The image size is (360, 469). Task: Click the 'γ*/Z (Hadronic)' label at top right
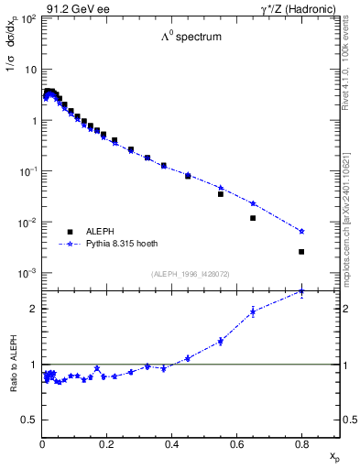pyautogui.click(x=300, y=8)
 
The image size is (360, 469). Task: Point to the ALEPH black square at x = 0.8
pyautogui.click(x=301, y=251)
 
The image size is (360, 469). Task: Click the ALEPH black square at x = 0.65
pyautogui.click(x=253, y=218)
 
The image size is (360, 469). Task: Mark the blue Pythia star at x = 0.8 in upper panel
pyautogui.click(x=301, y=231)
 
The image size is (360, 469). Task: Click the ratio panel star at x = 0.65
pyautogui.click(x=253, y=311)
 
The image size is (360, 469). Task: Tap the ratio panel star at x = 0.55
pyautogui.click(x=221, y=342)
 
